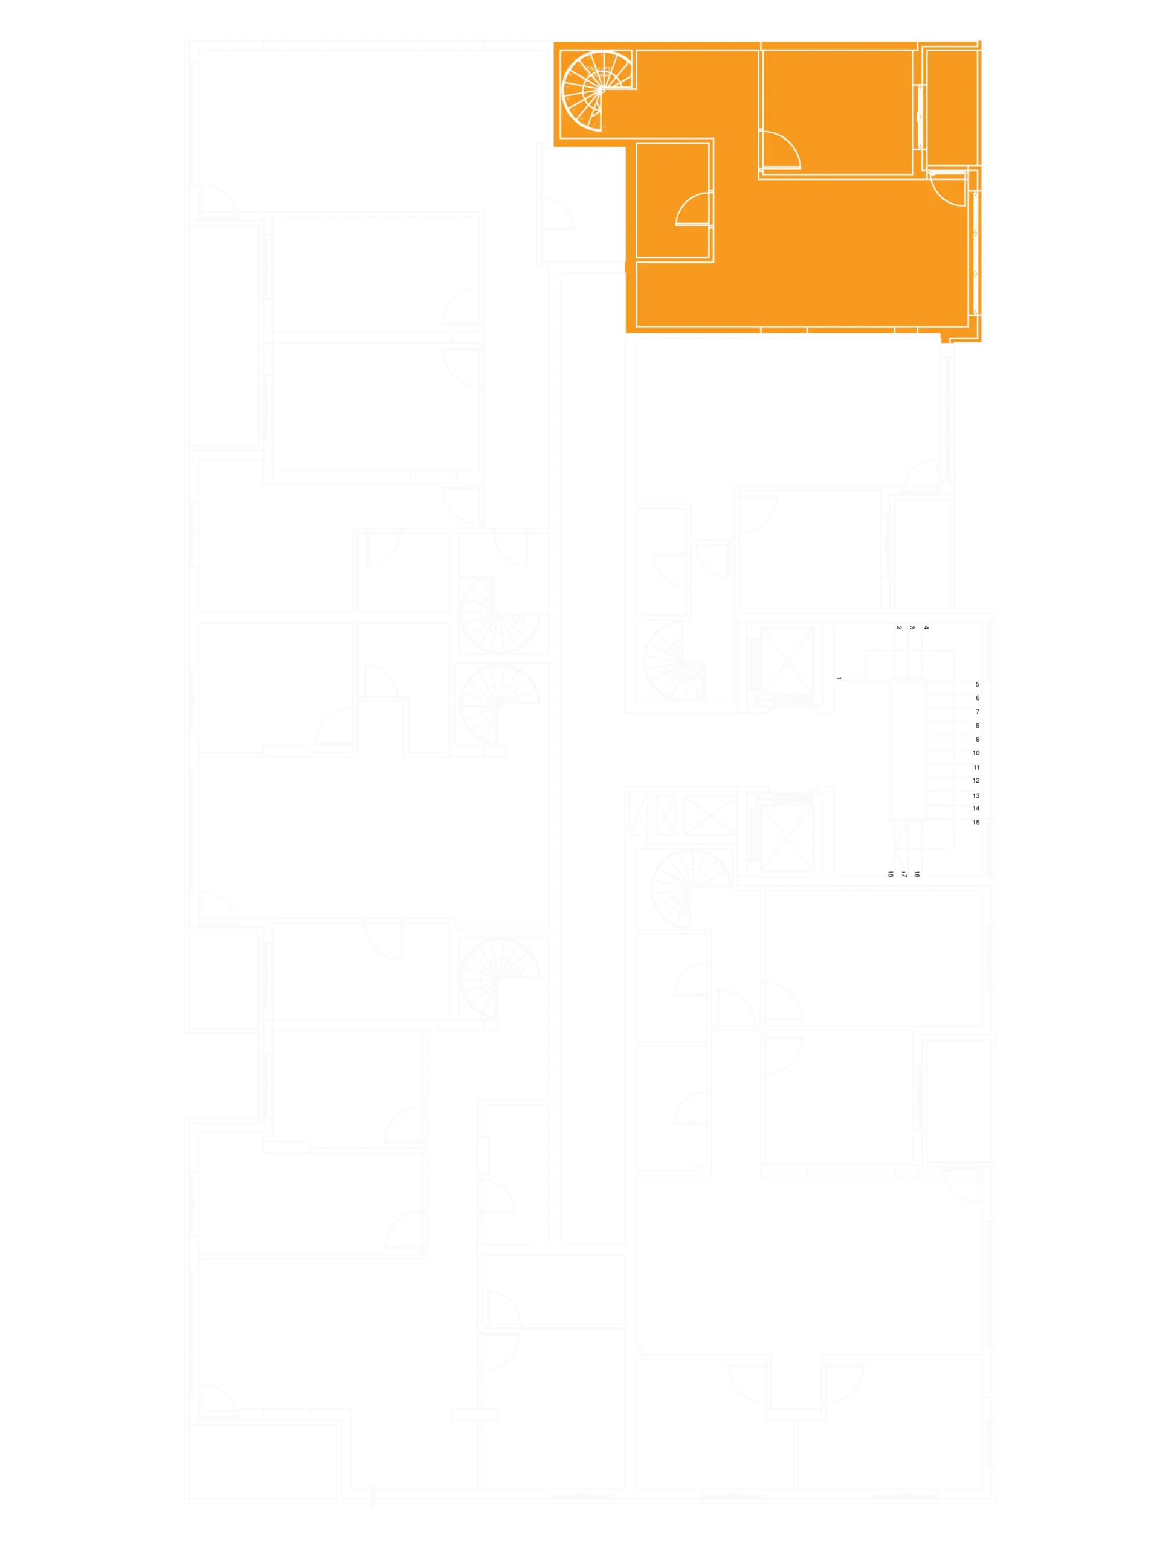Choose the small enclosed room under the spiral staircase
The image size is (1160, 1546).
(672, 201)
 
